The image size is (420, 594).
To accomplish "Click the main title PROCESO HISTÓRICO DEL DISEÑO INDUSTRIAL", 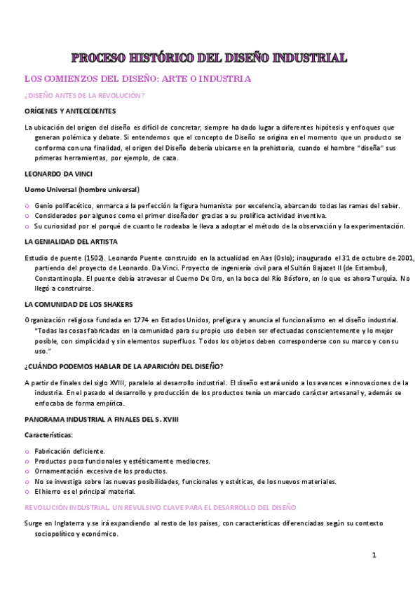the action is point(210,57).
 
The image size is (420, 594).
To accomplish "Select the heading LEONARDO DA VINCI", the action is point(58,173).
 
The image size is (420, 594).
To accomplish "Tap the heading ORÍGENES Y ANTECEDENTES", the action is point(69,111).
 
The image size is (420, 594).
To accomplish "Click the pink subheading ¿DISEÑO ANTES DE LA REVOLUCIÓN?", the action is point(84,95).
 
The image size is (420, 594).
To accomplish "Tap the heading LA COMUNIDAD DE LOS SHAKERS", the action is point(79,304).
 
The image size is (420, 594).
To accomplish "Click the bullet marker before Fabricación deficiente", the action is point(27,453).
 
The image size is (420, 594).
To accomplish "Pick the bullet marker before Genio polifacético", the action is point(27,206).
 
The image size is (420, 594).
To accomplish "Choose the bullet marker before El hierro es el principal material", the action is point(27,492).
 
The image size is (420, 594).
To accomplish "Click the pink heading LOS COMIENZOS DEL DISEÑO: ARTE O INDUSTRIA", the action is point(137,79).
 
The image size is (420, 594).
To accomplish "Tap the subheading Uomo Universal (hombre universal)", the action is point(82,189).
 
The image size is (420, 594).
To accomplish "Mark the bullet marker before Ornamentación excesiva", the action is point(27,472).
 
